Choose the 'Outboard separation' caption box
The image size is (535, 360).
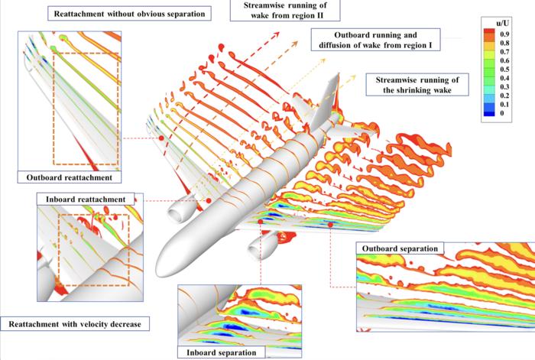[400, 249]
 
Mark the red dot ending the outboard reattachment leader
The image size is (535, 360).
[161, 138]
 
